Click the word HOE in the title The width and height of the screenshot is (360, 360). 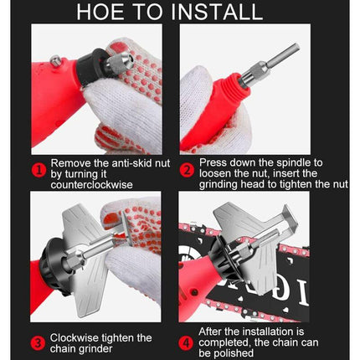click(x=100, y=12)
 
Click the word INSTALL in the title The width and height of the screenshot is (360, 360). click(x=217, y=12)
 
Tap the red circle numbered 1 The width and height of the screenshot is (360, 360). click(x=39, y=171)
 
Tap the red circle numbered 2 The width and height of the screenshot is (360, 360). click(x=187, y=171)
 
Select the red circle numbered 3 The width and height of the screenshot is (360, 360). click(x=38, y=343)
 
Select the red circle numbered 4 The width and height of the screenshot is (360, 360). click(x=186, y=343)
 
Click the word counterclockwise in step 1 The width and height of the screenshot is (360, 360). click(x=91, y=185)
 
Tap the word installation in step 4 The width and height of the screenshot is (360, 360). click(x=267, y=332)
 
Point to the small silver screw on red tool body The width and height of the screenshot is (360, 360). click(x=55, y=60)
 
